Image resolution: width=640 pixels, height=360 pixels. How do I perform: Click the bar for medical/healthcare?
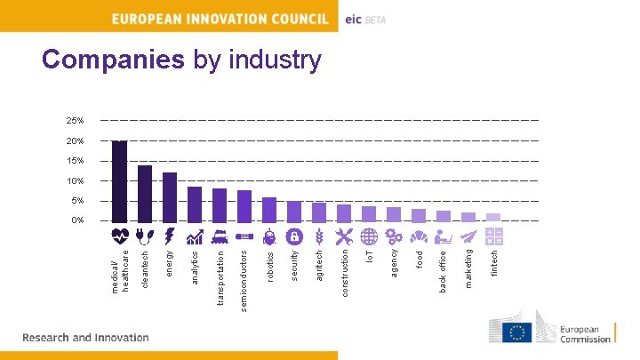(119, 180)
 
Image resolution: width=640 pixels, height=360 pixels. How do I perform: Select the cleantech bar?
(144, 193)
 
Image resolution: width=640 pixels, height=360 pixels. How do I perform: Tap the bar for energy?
(169, 196)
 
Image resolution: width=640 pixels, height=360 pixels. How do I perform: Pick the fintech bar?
(492, 217)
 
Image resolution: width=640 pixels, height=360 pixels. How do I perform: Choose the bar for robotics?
(268, 209)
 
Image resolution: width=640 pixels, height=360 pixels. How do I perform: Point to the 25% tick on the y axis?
(75, 120)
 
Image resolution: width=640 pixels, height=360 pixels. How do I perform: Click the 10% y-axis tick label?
(75, 181)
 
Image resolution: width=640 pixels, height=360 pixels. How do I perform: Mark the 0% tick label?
(76, 220)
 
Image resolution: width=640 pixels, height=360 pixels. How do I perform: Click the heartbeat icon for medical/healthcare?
(120, 236)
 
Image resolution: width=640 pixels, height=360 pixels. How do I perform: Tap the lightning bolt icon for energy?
(169, 236)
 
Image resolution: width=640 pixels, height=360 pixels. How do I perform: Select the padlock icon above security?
(294, 236)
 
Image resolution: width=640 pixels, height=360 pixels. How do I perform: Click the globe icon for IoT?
(370, 236)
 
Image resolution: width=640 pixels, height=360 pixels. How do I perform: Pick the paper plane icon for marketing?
(468, 236)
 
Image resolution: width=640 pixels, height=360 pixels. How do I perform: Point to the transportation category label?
(219, 276)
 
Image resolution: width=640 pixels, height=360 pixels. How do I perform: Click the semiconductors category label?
(244, 279)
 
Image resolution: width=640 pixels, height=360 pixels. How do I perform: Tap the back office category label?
(444, 272)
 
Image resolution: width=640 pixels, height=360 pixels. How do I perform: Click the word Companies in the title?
(113, 60)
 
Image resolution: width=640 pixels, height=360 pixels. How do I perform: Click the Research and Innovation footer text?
(85, 338)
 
